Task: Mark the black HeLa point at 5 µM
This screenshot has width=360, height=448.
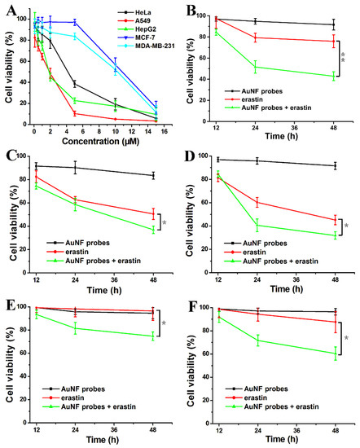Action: (x=75, y=84)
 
